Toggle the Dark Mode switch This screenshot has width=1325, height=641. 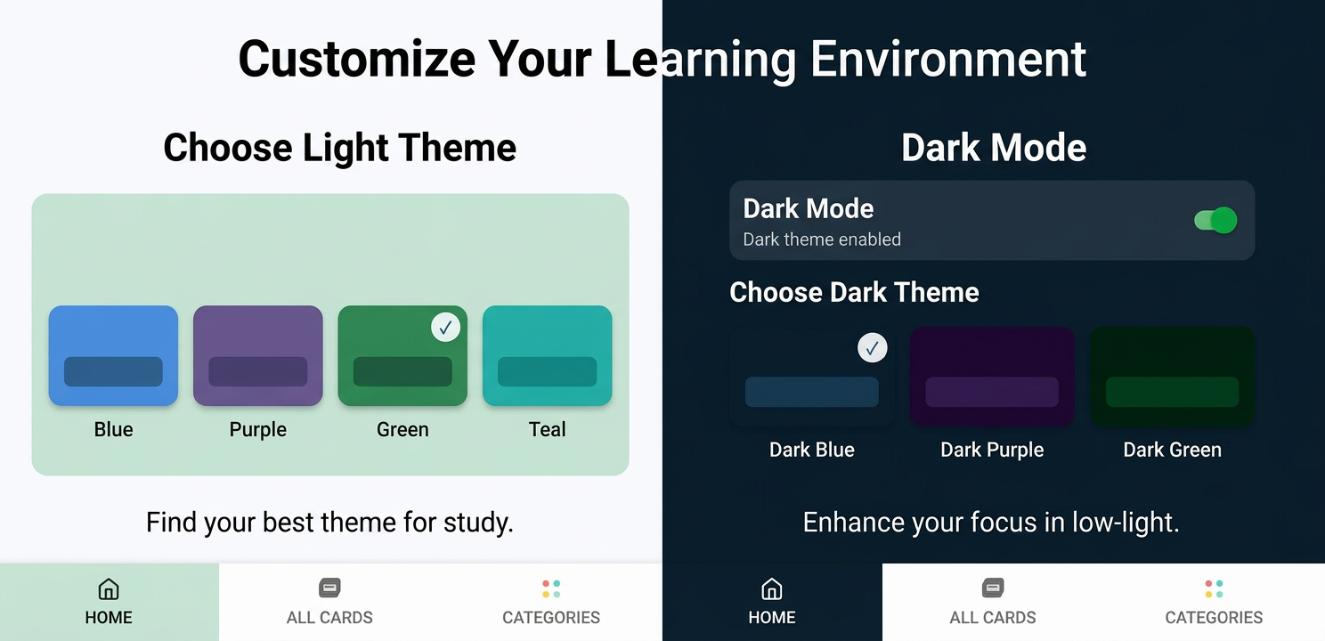1215,221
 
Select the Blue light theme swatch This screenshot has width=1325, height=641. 113,355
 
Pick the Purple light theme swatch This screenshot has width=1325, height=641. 257,355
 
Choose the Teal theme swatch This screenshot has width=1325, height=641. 547,355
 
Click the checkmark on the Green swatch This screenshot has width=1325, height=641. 445,328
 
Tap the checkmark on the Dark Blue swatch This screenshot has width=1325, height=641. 872,348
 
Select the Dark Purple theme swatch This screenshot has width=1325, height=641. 992,376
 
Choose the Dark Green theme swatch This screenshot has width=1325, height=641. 1172,376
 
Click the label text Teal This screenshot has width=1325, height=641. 547,429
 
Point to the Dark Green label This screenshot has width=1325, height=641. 1172,450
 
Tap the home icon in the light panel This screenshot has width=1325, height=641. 108,588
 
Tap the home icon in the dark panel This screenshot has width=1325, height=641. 772,588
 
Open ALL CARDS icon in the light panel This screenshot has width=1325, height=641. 329,588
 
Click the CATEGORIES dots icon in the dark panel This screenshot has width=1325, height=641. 1214,588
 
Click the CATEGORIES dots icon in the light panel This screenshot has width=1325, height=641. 551,588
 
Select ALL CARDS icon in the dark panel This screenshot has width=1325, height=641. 993,588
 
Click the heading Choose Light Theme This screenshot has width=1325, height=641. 339,148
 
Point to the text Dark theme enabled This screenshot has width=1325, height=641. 822,239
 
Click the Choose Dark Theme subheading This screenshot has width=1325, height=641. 854,292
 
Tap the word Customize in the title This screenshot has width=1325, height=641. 356,59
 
